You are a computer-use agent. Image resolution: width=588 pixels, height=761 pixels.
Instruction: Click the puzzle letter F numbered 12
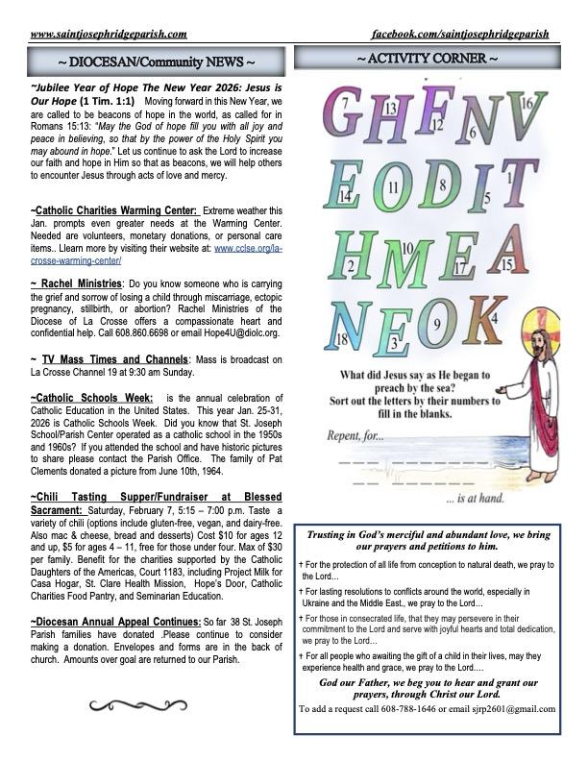tap(427, 111)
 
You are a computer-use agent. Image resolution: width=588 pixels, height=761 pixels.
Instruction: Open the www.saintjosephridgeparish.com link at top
tap(109, 35)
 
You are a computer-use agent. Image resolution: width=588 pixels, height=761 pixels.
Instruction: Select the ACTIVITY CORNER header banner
tap(427, 60)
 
